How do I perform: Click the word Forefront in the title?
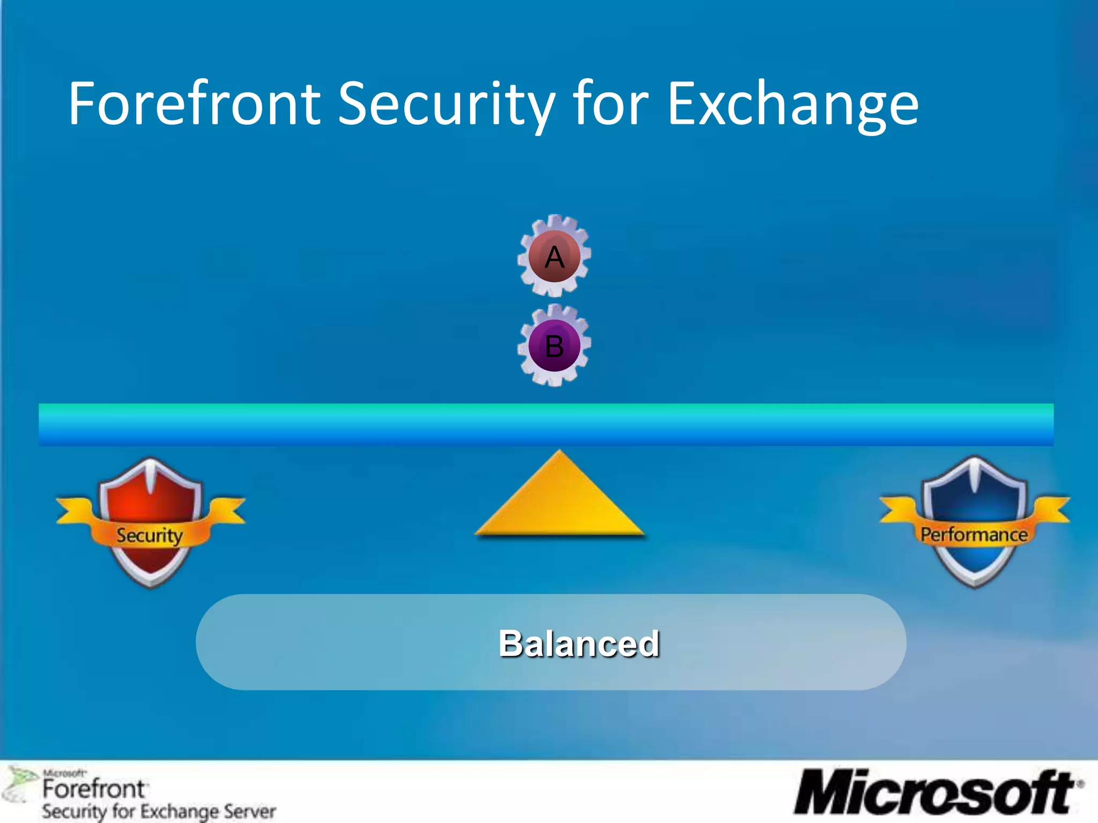194,103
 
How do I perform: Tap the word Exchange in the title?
793,103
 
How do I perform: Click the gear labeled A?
554,256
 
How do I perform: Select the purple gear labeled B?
554,345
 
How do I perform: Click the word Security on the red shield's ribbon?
150,535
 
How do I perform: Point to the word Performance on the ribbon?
974,534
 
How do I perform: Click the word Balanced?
579,643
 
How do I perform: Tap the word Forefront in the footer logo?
93,789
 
